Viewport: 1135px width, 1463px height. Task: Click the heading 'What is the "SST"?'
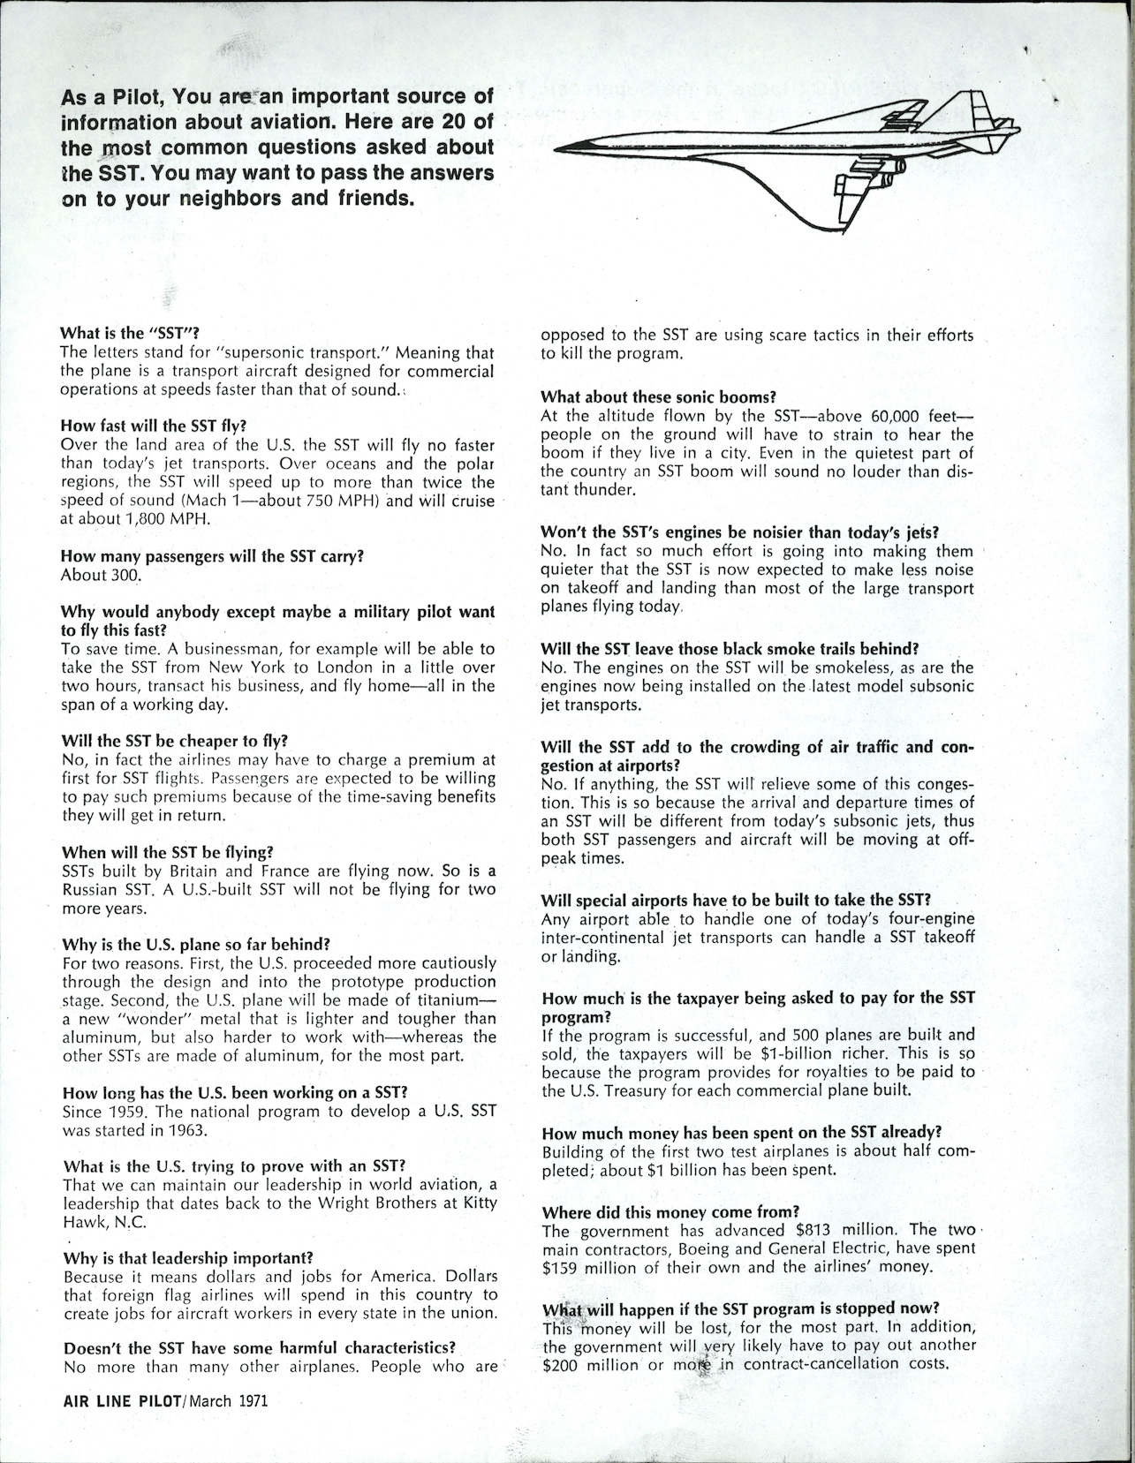[130, 334]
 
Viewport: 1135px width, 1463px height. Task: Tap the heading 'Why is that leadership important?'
[188, 1257]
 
